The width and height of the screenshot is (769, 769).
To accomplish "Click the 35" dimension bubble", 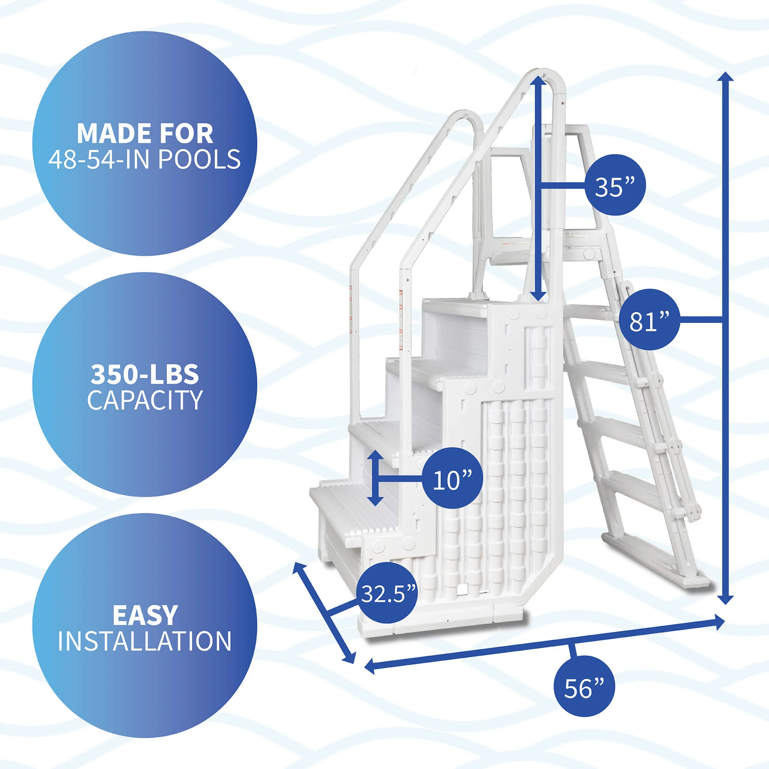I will [x=614, y=185].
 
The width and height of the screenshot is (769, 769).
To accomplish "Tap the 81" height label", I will [x=649, y=320].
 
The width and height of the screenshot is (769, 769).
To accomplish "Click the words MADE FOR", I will [x=145, y=134].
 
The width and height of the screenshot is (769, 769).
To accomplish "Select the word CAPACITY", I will [x=145, y=400].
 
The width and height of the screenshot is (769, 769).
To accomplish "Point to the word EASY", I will [x=145, y=615].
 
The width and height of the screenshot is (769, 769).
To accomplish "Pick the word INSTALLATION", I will [x=145, y=641].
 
